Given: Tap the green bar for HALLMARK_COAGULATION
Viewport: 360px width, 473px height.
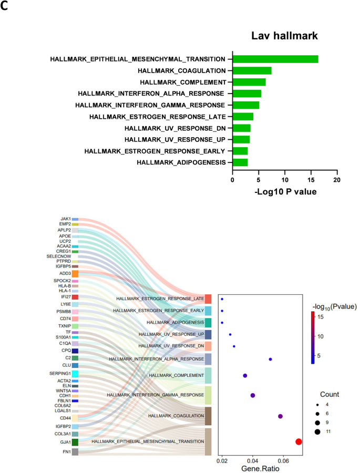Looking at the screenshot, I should click(252, 70).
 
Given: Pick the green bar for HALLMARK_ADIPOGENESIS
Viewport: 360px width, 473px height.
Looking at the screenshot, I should click(240, 162).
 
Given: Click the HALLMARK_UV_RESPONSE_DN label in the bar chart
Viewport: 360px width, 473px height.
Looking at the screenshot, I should click(177, 128).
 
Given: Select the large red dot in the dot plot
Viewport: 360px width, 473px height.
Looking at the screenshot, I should click(299, 442).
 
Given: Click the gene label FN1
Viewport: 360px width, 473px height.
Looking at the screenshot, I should click(67, 451).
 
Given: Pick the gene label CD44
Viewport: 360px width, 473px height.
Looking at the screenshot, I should click(65, 418).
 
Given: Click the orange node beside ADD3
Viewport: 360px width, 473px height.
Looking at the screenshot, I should click(75, 274).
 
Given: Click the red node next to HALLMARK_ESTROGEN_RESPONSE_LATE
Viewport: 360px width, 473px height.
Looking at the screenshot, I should click(208, 299).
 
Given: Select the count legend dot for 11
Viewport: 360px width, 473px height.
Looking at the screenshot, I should click(318, 432).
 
